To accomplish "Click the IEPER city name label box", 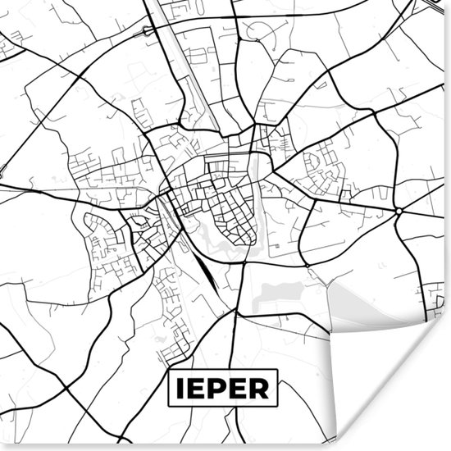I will tap(223, 387).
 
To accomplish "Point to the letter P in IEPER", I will tap(220, 388).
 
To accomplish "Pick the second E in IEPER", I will tap(241, 388).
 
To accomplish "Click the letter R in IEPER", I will tap(262, 388).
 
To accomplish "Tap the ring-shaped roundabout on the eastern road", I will tap(399, 211).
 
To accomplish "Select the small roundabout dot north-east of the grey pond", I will tap(307, 266).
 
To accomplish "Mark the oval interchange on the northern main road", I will tap(148, 30).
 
